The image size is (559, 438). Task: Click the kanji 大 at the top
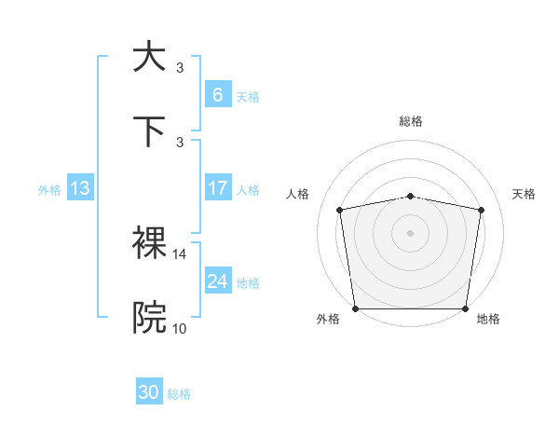click(149, 57)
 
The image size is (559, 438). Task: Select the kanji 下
click(149, 131)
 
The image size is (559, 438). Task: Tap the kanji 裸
click(149, 243)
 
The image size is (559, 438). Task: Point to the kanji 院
click(149, 318)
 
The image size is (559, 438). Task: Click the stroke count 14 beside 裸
click(180, 253)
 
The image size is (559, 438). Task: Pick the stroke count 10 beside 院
click(180, 328)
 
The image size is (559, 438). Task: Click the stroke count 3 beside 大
click(180, 67)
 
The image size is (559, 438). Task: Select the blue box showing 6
click(217, 94)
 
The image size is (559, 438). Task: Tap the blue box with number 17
click(217, 188)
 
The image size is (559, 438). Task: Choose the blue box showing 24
click(217, 281)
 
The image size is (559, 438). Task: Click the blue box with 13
click(80, 188)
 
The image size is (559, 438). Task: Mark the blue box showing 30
click(149, 392)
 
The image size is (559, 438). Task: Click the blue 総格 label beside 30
click(179, 394)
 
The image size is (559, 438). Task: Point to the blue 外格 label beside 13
click(49, 190)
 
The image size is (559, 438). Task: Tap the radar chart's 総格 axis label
click(410, 121)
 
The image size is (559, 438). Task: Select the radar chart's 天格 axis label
click(524, 194)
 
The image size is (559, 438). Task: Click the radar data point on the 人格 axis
click(341, 210)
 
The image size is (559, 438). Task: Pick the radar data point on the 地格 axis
click(465, 308)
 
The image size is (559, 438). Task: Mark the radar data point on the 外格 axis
click(355, 308)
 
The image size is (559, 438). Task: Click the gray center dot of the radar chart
click(410, 232)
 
